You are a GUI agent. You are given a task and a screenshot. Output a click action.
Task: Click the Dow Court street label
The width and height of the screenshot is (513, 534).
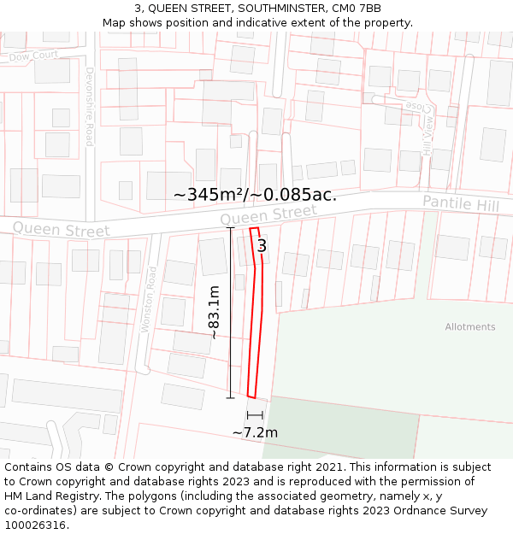(x=33, y=56)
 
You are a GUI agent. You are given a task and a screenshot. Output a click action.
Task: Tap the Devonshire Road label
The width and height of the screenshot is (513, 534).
(x=89, y=107)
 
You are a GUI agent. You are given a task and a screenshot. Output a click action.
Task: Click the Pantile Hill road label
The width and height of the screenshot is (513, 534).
(x=461, y=204)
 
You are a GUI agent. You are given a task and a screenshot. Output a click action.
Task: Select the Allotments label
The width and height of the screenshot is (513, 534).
(x=469, y=327)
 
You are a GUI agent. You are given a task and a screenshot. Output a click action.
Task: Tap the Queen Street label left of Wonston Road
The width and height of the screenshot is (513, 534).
(x=62, y=229)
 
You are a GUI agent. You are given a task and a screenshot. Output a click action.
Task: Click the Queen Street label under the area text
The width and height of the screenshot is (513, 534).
(x=268, y=215)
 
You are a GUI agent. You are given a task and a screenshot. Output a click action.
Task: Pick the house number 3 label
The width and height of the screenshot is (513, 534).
(x=262, y=246)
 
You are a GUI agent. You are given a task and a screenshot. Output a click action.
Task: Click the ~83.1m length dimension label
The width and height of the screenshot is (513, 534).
(x=213, y=313)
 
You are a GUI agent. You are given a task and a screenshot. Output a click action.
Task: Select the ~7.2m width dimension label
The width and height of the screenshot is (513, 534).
(x=255, y=432)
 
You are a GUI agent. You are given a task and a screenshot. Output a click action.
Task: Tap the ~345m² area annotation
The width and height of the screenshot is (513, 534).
(x=255, y=195)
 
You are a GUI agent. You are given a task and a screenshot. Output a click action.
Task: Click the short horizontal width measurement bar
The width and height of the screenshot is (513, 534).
(x=255, y=415)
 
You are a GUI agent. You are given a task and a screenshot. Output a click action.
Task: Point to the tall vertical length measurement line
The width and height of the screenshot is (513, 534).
(x=230, y=313)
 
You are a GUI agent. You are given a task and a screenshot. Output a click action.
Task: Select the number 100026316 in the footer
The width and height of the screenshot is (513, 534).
(x=36, y=525)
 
